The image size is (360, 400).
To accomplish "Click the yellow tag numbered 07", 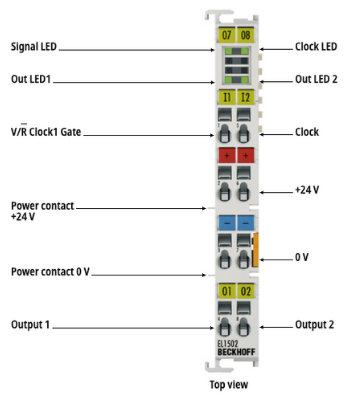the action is tap(227, 35).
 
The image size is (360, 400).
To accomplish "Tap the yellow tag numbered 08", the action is tap(246, 35).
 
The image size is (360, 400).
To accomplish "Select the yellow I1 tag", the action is tap(227, 97).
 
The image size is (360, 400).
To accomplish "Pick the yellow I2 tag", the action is tap(246, 97).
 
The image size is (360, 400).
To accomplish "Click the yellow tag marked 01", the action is tap(227, 291).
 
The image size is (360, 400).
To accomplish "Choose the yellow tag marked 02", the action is tap(246, 291).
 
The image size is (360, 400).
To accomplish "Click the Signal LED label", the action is tap(34, 46).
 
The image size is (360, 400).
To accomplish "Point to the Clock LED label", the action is tap(316, 46).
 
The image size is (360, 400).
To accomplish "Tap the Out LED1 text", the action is tap(31, 79).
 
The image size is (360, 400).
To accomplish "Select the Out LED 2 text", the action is tap(316, 79).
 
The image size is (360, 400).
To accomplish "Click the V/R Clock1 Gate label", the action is tap(46, 131).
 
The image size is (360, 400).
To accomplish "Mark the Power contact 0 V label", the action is tap(50, 272).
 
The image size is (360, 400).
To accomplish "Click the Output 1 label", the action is tap(30, 324).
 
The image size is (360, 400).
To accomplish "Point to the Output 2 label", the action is tap(314, 324).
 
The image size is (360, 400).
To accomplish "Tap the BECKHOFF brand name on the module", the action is tap(236, 352).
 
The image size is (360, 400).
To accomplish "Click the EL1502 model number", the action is tap(228, 344).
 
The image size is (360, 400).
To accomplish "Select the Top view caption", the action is tap(229, 384).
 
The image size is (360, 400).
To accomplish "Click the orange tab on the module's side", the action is tap(256, 250).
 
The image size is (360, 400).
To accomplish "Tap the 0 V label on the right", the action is tap(302, 257).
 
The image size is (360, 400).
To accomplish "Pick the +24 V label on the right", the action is tap(307, 190).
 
